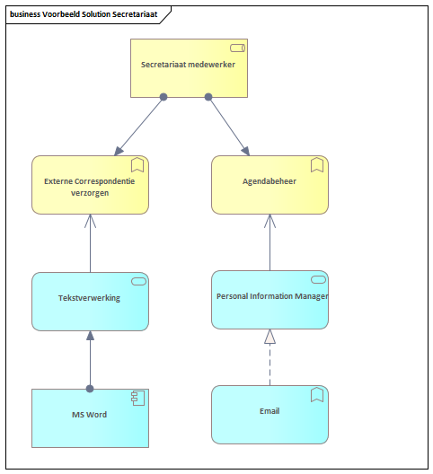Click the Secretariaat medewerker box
189,68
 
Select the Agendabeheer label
270,181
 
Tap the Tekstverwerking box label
89,298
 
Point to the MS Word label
89,415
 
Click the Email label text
270,411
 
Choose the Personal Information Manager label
272,296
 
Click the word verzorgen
90,193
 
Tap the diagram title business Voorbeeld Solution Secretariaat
84,14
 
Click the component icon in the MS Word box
138,398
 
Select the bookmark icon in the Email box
317,395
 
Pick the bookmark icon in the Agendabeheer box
317,165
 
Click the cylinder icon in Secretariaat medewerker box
237,48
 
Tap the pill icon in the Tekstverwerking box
138,282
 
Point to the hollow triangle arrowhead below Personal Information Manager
270,337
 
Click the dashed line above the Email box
270,364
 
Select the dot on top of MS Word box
90,389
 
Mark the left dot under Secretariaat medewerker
163,97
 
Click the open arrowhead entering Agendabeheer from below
270,221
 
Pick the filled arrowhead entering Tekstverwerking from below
90,336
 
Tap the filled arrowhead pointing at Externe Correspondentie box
119,151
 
